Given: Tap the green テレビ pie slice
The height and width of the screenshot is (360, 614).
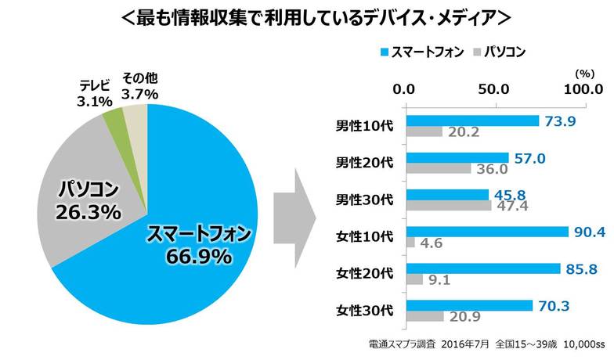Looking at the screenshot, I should click(114, 119).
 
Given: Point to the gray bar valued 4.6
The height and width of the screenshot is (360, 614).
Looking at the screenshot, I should click(410, 243).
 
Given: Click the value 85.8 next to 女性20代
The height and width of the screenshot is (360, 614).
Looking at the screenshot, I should click(581, 268).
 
